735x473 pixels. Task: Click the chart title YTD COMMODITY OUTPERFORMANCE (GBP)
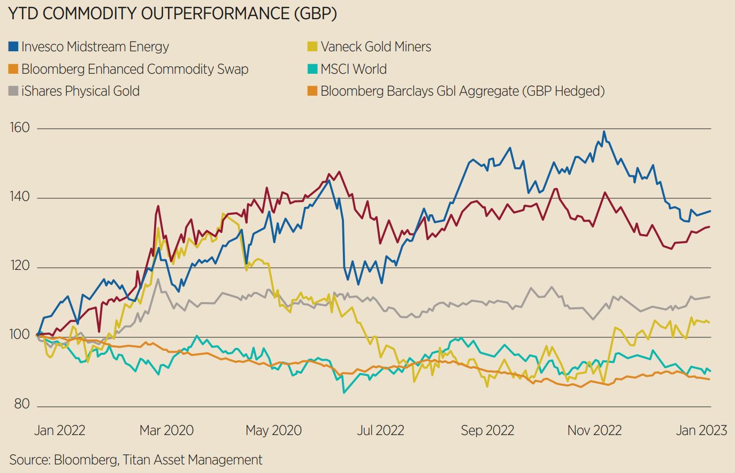pyautogui.click(x=172, y=14)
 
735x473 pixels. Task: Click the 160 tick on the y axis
pyautogui.click(x=19, y=128)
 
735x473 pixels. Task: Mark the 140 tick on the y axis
pyautogui.click(x=19, y=197)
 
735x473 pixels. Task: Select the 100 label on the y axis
pyautogui.click(x=19, y=335)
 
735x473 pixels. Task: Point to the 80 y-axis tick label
pyautogui.click(x=21, y=404)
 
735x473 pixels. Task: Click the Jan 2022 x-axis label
pyautogui.click(x=59, y=430)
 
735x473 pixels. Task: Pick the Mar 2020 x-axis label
pyautogui.click(x=166, y=430)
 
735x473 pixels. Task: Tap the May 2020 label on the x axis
pyautogui.click(x=273, y=430)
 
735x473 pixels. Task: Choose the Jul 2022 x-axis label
pyautogui.click(x=380, y=430)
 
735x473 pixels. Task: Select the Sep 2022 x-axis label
pyautogui.click(x=487, y=430)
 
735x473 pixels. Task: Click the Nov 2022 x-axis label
pyautogui.click(x=594, y=430)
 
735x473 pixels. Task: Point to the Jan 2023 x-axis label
pyautogui.click(x=701, y=430)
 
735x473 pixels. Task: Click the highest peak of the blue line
pyautogui.click(x=604, y=131)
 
